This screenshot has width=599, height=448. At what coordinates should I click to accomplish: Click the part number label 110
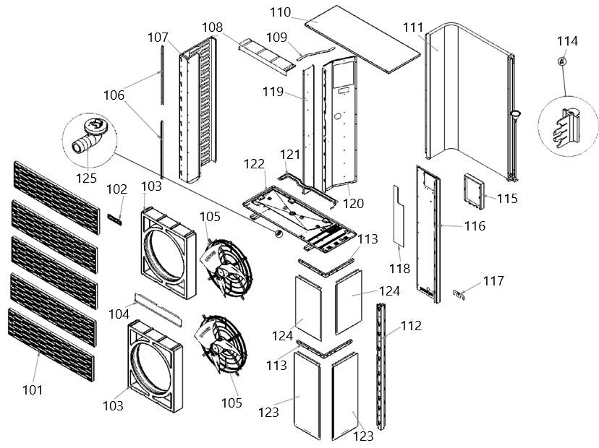pyautogui.click(x=281, y=12)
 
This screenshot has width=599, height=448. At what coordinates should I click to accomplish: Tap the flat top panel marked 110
pyautogui.click(x=362, y=39)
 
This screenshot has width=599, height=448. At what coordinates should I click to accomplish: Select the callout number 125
pyautogui.click(x=86, y=178)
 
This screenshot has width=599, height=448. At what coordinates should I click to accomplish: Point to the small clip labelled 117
pyautogui.click(x=459, y=294)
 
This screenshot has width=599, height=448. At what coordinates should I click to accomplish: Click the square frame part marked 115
pyautogui.click(x=474, y=191)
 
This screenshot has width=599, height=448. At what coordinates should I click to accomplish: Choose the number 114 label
pyautogui.click(x=567, y=41)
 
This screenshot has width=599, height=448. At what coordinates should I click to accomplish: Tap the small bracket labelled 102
pyautogui.click(x=114, y=220)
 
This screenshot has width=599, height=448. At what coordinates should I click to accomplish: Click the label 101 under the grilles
pyautogui.click(x=33, y=390)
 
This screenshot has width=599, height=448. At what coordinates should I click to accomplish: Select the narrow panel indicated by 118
pyautogui.click(x=399, y=215)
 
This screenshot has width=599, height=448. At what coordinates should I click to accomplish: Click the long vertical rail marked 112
pyautogui.click(x=381, y=366)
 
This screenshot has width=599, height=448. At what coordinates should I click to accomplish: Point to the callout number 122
pyautogui.click(x=254, y=164)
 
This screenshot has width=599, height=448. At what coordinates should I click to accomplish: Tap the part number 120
pyautogui.click(x=353, y=204)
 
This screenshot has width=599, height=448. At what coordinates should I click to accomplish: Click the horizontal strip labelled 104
pyautogui.click(x=158, y=309)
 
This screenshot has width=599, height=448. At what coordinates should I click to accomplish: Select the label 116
pyautogui.click(x=475, y=226)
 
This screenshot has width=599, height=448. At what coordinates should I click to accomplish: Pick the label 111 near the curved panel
pyautogui.click(x=413, y=27)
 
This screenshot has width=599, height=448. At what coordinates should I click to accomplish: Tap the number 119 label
pyautogui.click(x=273, y=92)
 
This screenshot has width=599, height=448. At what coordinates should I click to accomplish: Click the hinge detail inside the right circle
pyautogui.click(x=567, y=127)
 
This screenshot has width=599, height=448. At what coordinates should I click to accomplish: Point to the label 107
pyautogui.click(x=158, y=38)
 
